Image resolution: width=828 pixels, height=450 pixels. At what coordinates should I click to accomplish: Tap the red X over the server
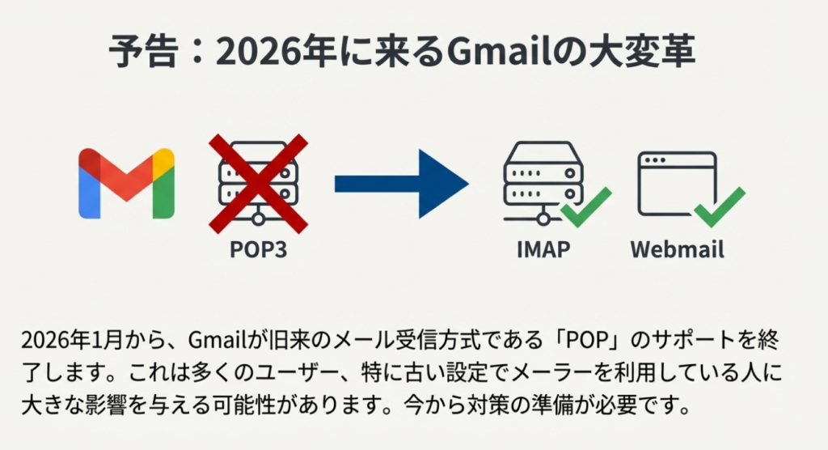coord(259,183)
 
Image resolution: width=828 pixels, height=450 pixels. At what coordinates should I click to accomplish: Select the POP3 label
coord(258,249)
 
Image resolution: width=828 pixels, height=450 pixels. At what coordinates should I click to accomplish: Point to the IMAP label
coord(543,249)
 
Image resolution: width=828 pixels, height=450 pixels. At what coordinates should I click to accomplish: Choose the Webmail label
coord(678,249)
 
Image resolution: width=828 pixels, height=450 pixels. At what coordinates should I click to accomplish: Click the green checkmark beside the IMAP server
coord(586,207)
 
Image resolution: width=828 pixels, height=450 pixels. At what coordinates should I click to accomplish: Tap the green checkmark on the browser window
coord(719,207)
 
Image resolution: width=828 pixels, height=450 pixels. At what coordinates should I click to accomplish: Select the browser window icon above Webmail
coord(676,183)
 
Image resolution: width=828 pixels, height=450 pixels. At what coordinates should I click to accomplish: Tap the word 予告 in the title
coord(137,54)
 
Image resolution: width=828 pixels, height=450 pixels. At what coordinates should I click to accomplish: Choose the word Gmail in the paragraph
coord(213,337)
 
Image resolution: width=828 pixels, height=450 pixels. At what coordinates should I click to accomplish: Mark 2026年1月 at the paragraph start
coord(66,337)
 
